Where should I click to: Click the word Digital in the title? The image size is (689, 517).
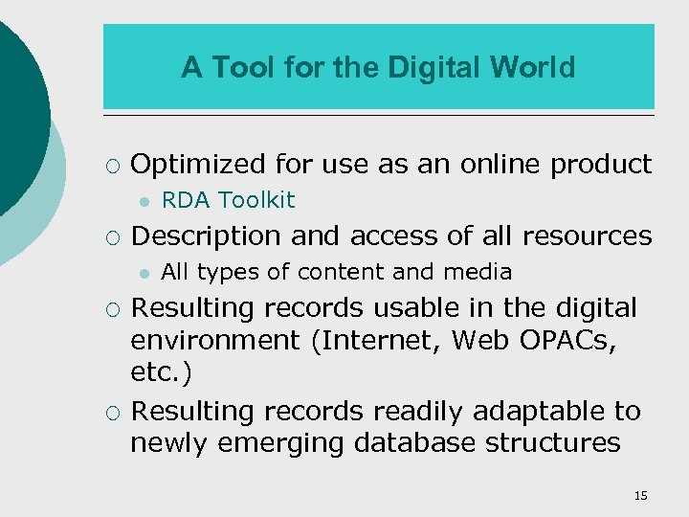(435, 68)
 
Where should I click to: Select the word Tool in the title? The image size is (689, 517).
(234, 68)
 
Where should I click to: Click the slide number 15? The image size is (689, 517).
(640, 495)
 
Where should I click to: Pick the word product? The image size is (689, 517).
(601, 165)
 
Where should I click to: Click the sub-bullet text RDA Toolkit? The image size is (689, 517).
(229, 200)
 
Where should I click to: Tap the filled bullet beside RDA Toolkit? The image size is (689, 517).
(142, 201)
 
